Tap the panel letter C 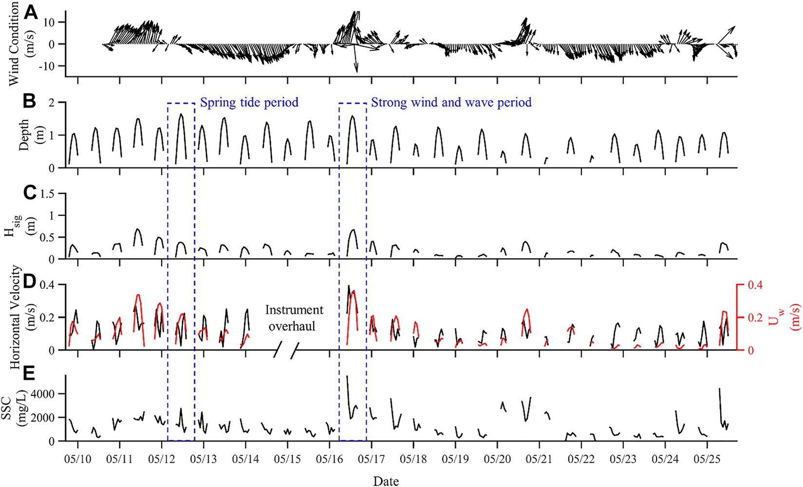(30, 193)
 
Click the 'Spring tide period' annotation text (249, 102)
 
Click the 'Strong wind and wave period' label (451, 102)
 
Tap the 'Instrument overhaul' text (294, 318)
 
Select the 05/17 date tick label (372, 460)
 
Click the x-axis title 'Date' (386, 481)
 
